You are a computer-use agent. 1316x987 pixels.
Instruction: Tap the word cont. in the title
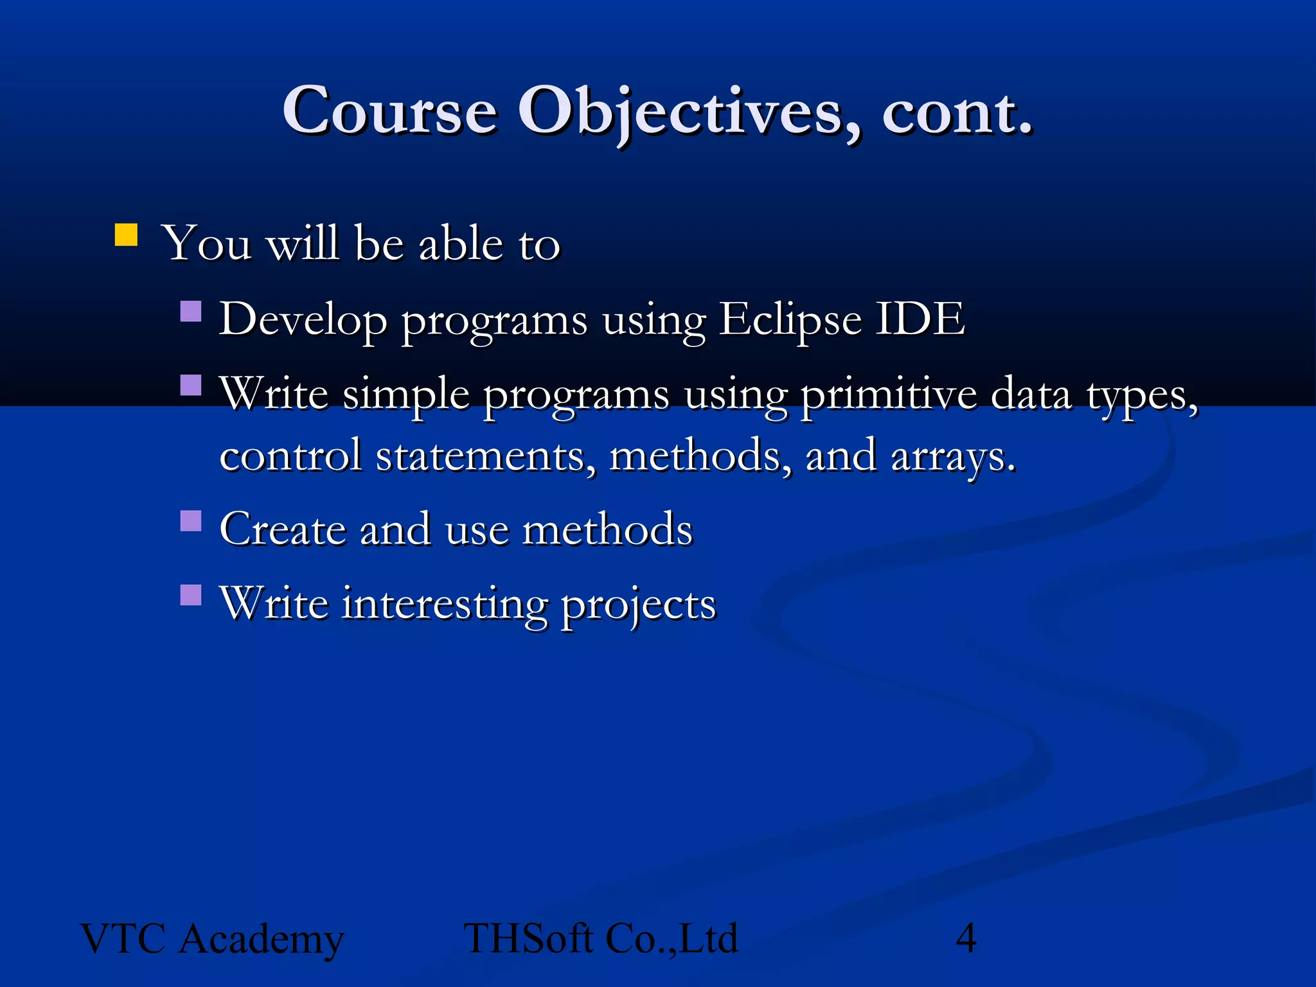pos(957,112)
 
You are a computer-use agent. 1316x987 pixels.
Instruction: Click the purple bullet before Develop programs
pos(191,312)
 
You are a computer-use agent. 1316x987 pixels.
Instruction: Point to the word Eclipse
pos(790,319)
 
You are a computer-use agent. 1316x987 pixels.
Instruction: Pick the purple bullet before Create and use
pos(191,520)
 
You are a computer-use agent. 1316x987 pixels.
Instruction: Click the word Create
pos(283,529)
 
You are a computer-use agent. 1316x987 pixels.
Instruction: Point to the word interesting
pos(444,604)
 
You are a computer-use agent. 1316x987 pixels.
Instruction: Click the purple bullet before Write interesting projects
pos(191,595)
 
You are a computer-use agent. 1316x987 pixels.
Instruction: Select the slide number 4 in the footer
pos(966,938)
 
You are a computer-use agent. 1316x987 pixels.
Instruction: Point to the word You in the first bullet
pos(206,244)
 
